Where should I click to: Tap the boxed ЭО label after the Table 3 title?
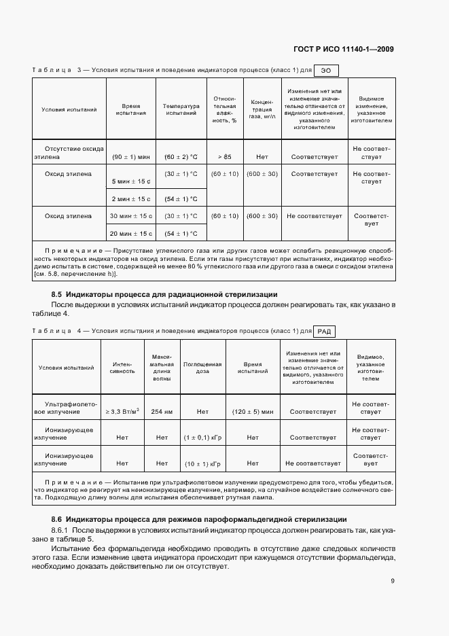tap(326, 70)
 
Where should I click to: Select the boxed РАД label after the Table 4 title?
tap(324, 332)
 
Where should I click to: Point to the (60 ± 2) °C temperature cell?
tap(181, 157)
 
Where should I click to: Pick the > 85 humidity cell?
tap(225, 157)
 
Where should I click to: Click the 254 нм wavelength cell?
tap(162, 412)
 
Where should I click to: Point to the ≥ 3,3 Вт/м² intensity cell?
tap(122, 412)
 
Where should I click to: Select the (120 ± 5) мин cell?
tap(253, 412)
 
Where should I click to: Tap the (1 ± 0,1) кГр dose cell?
tap(202, 438)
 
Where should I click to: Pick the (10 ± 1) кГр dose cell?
tap(202, 463)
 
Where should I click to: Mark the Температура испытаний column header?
tap(181, 109)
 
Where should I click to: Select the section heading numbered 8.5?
tap(164, 294)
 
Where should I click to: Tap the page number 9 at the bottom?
tap(393, 580)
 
